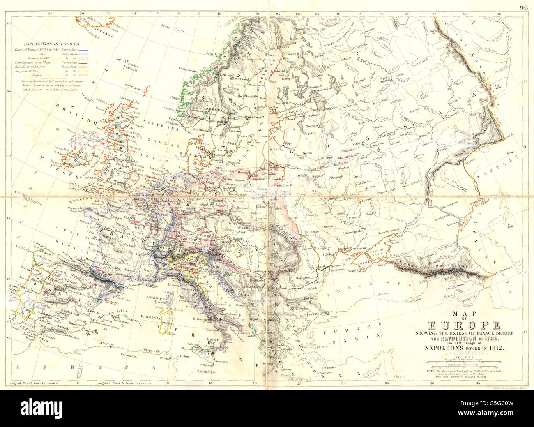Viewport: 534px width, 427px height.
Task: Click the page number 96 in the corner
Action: click(x=523, y=7)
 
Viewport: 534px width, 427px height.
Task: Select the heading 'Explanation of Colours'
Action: click(x=51, y=44)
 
